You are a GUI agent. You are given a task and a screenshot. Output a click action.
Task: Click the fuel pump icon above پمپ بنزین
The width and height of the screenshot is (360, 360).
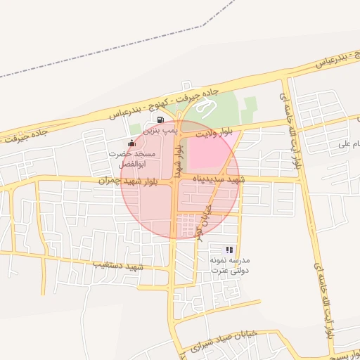[x=162, y=120]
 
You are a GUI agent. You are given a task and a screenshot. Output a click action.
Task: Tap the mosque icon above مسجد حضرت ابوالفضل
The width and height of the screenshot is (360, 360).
[x=131, y=143]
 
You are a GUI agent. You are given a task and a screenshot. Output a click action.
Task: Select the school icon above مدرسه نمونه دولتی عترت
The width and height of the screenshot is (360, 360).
[x=229, y=250]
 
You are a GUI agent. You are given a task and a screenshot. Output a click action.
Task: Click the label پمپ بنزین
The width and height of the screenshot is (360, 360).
[x=157, y=131]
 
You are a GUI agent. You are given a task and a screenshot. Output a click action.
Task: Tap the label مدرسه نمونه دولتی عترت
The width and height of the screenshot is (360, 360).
[x=229, y=265]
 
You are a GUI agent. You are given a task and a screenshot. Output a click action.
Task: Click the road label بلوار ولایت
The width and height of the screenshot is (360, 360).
[x=214, y=131]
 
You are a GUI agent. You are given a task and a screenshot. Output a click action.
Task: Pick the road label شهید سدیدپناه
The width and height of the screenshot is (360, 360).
[x=222, y=180]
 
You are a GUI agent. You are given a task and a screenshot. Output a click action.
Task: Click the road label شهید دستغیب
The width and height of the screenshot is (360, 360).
[x=120, y=266]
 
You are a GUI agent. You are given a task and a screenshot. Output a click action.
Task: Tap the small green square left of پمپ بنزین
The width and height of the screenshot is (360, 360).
[x=134, y=129]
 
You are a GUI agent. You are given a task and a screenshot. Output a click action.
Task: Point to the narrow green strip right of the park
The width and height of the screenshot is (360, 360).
[x=247, y=110]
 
